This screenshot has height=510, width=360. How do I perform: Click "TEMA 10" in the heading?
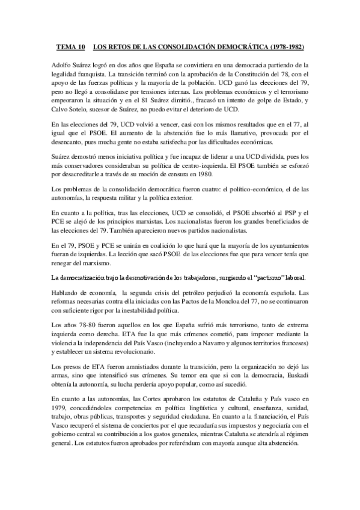click(x=71, y=45)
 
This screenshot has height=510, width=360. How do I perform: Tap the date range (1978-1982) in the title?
click(x=281, y=45)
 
